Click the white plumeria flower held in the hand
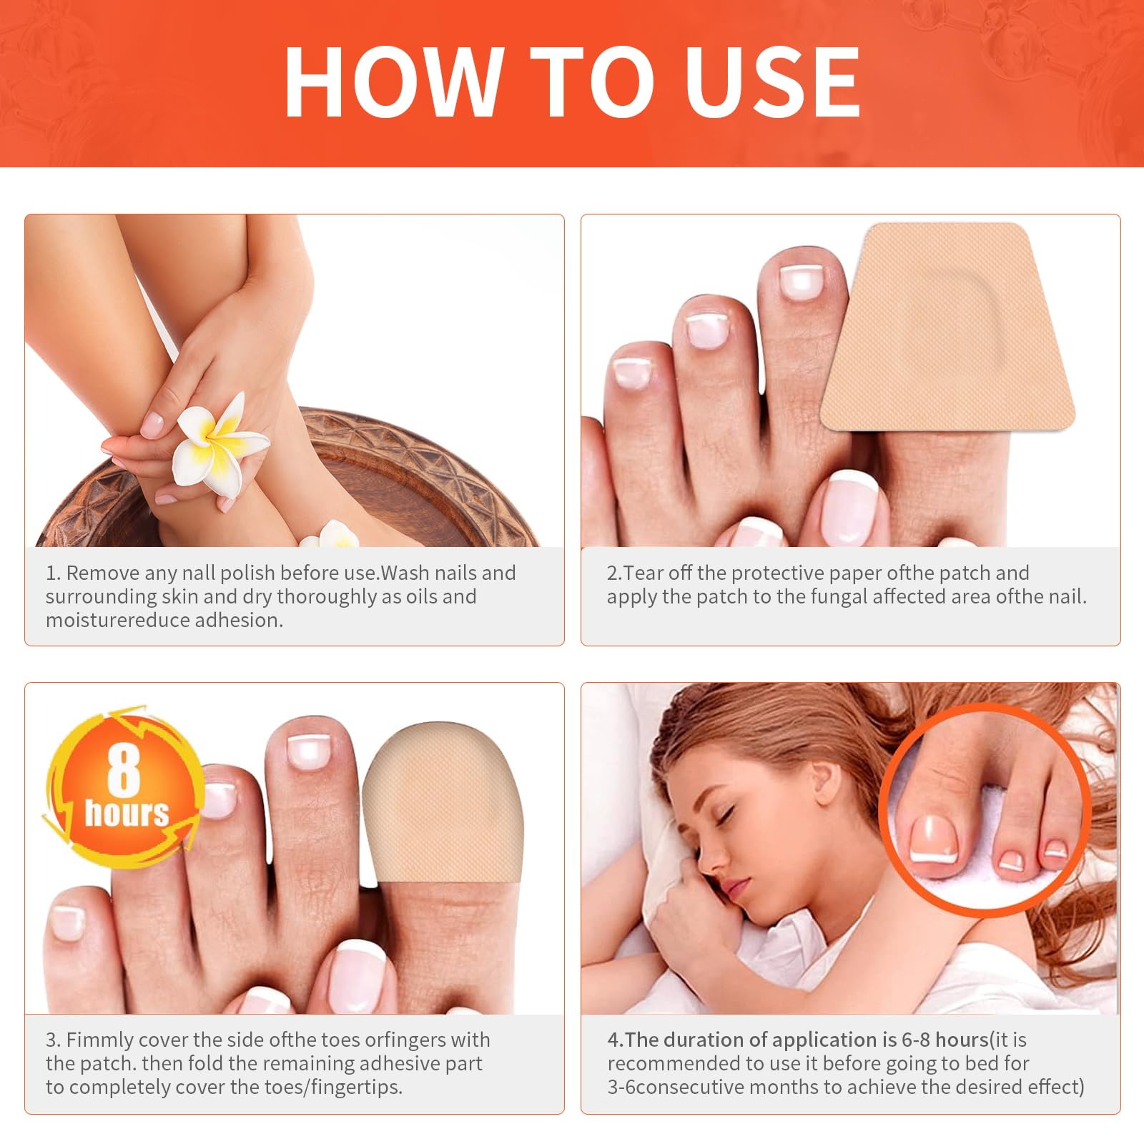[x=219, y=443]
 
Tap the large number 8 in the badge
[x=123, y=771]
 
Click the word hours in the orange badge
[x=127, y=813]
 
